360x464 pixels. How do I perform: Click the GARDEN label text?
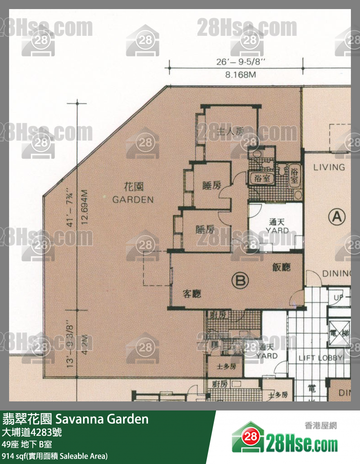[133, 200]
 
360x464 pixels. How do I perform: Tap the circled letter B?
[240, 281]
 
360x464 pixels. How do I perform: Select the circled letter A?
[336, 217]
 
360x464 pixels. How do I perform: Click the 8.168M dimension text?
[237, 76]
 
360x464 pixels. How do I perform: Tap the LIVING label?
[329, 167]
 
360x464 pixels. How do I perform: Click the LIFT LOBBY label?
[321, 358]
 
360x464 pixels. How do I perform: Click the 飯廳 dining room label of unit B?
[281, 267]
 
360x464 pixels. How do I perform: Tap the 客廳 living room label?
[192, 294]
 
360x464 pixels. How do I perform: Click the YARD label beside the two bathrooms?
[277, 230]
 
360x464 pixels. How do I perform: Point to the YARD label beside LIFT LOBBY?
[267, 356]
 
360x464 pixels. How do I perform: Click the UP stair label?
[339, 298]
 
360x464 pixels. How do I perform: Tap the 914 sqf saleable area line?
[54, 455]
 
